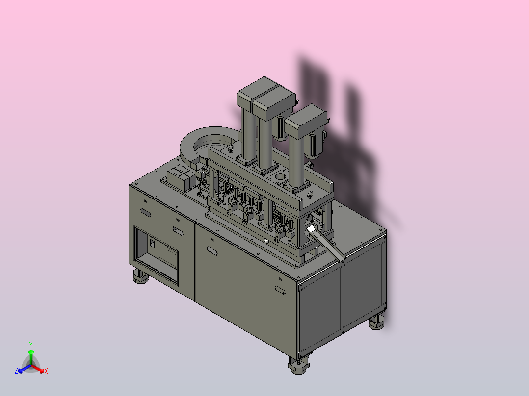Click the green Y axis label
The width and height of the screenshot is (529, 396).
(x=31, y=345)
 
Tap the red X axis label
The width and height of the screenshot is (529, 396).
(x=46, y=371)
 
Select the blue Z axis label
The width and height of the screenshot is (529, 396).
(x=16, y=371)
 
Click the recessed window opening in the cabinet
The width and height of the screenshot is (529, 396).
(x=156, y=254)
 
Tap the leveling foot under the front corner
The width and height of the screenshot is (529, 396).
(x=298, y=366)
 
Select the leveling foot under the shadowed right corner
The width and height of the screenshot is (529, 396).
(x=377, y=322)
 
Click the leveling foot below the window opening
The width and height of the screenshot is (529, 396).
(x=140, y=276)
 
